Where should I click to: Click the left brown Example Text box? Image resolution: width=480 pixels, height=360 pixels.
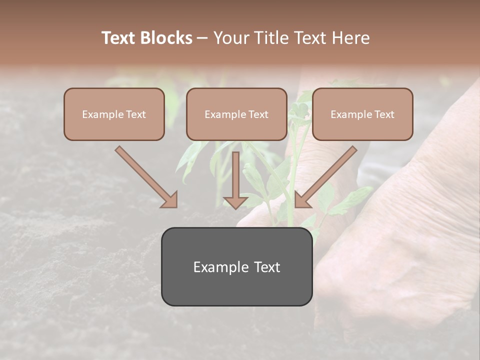click(x=114, y=114)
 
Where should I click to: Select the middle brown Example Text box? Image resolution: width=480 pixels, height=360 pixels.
click(x=236, y=114)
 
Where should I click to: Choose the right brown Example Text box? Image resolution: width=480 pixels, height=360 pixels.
click(x=362, y=114)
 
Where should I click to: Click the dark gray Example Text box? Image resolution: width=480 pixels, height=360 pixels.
click(x=236, y=266)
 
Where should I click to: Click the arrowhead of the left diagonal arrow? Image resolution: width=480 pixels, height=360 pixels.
click(x=170, y=200)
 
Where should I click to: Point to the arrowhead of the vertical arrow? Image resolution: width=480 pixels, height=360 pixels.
click(x=236, y=201)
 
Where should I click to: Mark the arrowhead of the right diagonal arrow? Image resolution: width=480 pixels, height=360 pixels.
click(x=302, y=200)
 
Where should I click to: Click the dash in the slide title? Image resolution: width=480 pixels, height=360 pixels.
click(x=202, y=38)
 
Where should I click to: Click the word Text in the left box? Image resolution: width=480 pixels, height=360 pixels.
click(x=135, y=114)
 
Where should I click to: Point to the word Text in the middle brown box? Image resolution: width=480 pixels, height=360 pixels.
click(x=258, y=114)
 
